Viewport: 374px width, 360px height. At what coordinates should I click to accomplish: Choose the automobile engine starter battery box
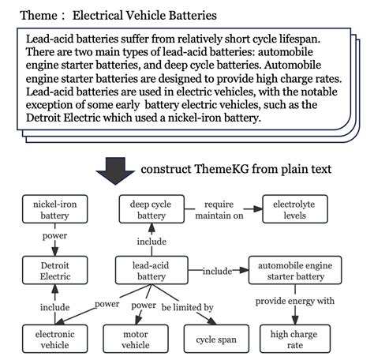pos(294,271)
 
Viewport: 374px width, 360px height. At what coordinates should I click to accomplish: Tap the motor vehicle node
pos(135,339)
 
